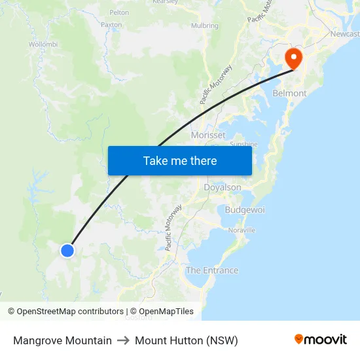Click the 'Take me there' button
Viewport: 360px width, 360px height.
180,160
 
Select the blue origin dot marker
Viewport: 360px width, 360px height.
67,250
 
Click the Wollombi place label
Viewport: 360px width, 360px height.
43,45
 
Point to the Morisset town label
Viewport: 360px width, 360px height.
208,135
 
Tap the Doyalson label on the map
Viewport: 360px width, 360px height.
223,187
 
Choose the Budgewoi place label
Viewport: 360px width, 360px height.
245,210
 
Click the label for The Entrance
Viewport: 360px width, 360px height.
212,270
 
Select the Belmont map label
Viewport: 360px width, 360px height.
289,93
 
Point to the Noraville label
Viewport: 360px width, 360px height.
242,230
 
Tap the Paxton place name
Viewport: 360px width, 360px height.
111,24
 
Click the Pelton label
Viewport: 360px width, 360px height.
119,12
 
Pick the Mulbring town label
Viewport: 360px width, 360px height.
204,26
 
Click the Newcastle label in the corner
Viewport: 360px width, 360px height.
345,33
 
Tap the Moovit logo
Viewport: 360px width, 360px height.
320,340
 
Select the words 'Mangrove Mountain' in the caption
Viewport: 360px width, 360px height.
62,340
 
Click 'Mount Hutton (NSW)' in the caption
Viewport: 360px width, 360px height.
187,340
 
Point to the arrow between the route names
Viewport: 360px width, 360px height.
123,340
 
